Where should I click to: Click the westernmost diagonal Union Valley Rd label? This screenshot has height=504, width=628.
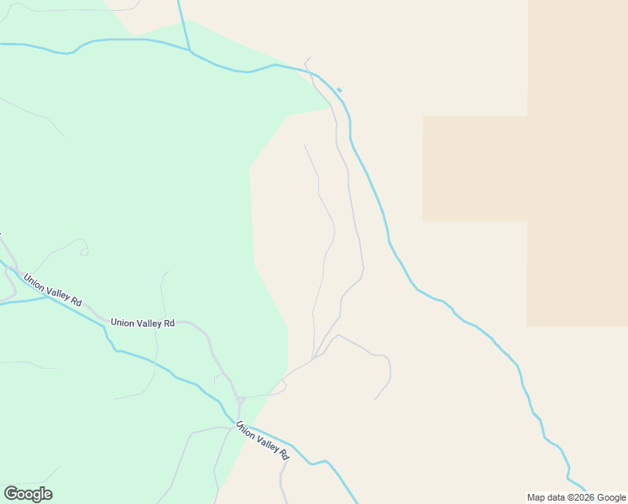click(53, 290)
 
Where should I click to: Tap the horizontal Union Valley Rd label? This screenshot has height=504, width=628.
click(142, 323)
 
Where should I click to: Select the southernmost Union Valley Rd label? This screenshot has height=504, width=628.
click(262, 439)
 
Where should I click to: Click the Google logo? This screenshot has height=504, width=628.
click(28, 494)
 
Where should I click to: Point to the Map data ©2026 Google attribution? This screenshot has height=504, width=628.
click(576, 497)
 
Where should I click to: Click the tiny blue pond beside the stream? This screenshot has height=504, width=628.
click(339, 90)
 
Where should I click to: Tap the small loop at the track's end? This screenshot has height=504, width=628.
click(83, 250)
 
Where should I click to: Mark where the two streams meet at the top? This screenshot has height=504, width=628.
click(190, 51)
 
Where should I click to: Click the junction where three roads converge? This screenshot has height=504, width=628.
click(312, 360)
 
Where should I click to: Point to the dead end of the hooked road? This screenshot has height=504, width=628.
click(375, 399)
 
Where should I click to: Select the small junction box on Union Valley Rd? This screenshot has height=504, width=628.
click(240, 399)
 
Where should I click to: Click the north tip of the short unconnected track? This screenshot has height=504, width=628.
click(304, 144)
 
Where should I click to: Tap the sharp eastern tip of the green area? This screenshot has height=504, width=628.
click(330, 108)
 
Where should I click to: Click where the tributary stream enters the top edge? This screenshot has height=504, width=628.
click(179, 2)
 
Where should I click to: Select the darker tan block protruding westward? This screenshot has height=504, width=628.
click(474, 168)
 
